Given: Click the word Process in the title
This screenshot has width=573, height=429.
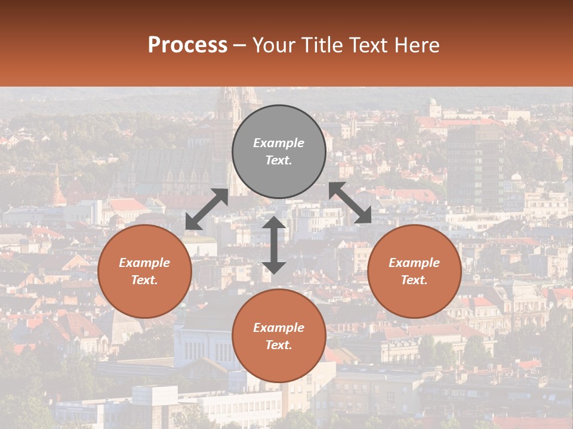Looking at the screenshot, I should pyautogui.click(x=187, y=45).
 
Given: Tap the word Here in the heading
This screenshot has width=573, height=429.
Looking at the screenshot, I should pyautogui.click(x=417, y=45).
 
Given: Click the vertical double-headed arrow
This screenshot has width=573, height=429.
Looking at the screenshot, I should pyautogui.click(x=274, y=245).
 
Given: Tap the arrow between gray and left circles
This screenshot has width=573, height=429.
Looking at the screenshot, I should pyautogui.click(x=207, y=209).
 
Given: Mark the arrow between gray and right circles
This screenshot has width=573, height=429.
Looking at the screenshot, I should pyautogui.click(x=350, y=203).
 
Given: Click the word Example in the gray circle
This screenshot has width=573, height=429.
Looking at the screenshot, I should pyautogui.click(x=279, y=143).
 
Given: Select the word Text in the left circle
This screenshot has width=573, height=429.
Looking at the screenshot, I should pyautogui.click(x=144, y=280).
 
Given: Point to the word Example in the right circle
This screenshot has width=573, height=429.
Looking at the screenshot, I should pyautogui.click(x=414, y=263).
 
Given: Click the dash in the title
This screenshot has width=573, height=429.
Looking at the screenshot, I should pyautogui.click(x=239, y=45).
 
